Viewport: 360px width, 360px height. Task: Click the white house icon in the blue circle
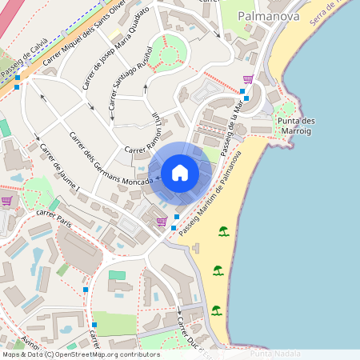(x=180, y=173)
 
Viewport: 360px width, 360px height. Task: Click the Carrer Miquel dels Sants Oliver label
(x=83, y=35)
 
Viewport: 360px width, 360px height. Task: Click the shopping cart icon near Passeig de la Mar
(x=248, y=79)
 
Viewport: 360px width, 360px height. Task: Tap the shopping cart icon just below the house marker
(x=162, y=222)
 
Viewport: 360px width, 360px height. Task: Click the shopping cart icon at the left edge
(x=7, y=201)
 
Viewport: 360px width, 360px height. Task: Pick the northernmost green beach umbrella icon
(x=224, y=232)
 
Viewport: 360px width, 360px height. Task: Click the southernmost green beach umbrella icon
(x=216, y=310)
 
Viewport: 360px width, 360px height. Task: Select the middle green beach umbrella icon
(x=218, y=270)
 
